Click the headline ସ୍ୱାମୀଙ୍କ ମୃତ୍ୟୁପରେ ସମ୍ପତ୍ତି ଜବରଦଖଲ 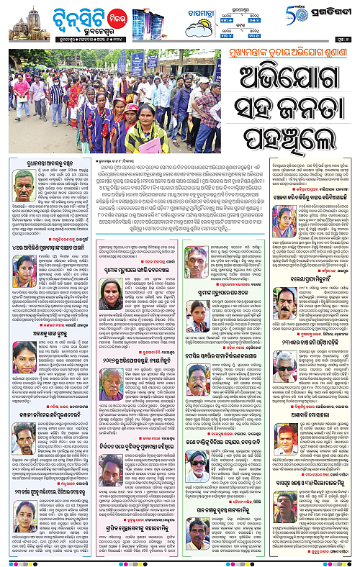coord(137,268)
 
